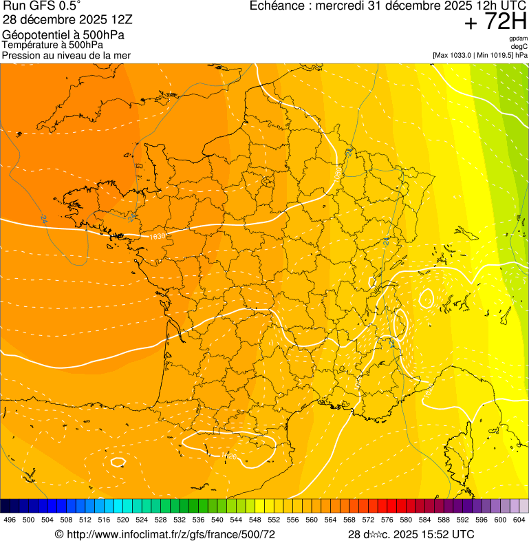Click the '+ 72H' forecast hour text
click(x=495, y=23)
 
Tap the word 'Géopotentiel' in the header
click(x=34, y=34)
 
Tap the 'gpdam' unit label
click(x=518, y=39)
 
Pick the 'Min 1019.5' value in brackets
click(x=494, y=55)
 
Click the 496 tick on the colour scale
click(x=10, y=520)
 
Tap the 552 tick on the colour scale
click(x=274, y=520)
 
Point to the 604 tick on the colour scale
click(x=519, y=520)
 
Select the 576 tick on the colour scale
click(x=387, y=520)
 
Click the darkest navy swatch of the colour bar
click(x=6, y=506)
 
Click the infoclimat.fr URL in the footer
click(x=169, y=534)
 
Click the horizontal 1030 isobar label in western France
click(x=157, y=236)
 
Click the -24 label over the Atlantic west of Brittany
click(x=43, y=219)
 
